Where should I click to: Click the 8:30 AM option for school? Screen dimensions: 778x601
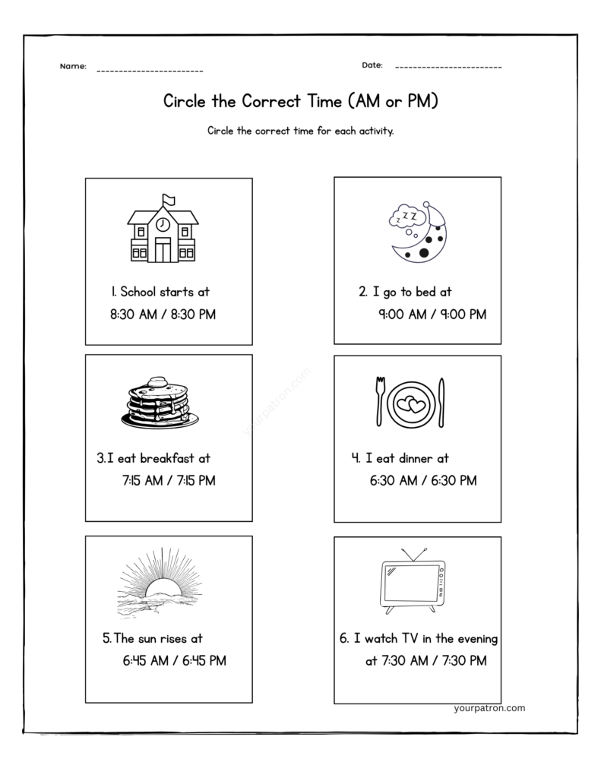tap(132, 315)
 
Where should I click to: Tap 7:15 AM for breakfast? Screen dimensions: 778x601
tap(144, 480)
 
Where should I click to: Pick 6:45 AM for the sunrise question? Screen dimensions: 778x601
tap(145, 661)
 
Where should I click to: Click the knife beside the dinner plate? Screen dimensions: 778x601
tap(442, 401)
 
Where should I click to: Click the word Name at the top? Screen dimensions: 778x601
tap(73, 67)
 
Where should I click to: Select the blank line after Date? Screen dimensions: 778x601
tap(448, 68)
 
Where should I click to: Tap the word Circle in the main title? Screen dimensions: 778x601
tap(185, 101)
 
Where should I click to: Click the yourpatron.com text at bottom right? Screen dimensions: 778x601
tap(488, 708)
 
